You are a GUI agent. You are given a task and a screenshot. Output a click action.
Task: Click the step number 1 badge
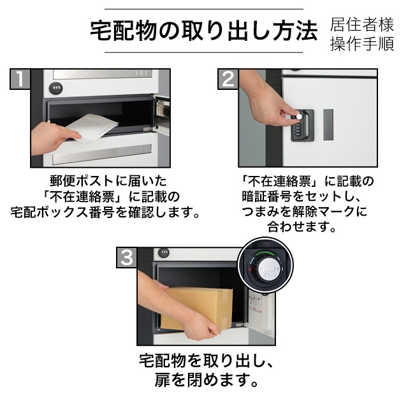point(20,79)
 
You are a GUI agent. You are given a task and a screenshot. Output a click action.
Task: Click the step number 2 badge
point(228,79)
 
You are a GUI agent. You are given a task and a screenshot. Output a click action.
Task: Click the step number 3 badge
point(126,258)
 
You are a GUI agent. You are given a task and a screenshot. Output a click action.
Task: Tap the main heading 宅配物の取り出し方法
point(204,31)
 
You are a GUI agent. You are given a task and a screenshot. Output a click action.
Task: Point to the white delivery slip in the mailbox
point(92,128)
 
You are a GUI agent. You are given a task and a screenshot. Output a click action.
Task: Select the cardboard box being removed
point(197,309)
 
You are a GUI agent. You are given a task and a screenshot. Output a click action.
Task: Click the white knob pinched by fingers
point(300,116)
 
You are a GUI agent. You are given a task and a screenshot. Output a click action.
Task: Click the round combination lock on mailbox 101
point(56,89)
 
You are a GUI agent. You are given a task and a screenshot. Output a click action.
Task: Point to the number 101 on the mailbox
point(142,73)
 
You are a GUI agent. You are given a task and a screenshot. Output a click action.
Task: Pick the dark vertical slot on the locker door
point(328,125)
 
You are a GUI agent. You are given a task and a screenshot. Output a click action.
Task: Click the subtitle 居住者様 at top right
point(362,25)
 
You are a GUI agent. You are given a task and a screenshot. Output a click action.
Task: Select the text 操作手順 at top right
point(362,44)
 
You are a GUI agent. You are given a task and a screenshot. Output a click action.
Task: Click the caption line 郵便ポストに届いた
point(108,181)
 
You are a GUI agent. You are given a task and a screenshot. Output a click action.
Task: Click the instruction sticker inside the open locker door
point(256,303)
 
